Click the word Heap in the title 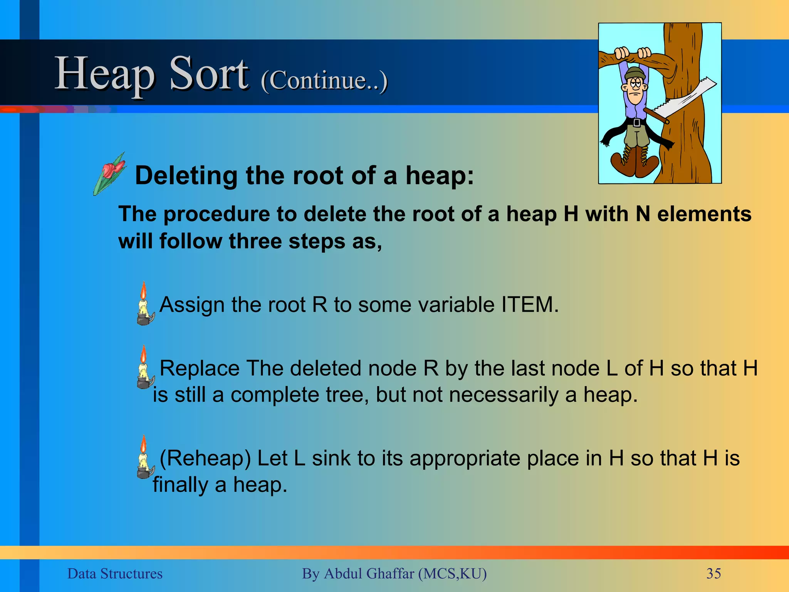[105, 74]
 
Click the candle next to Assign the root [144, 304]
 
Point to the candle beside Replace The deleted [144, 368]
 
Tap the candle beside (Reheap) [144, 458]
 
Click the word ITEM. [530, 304]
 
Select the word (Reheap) [205, 458]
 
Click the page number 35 [713, 573]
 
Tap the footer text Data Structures [115, 573]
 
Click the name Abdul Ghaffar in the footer [369, 573]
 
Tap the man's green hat [634, 73]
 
